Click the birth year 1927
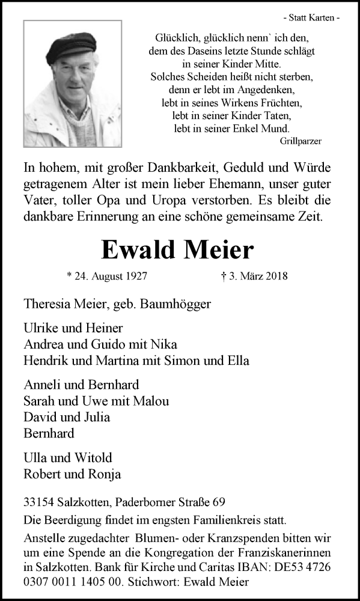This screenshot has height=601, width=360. pyautogui.click(x=135, y=276)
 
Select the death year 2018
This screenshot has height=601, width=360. pyautogui.click(x=276, y=276)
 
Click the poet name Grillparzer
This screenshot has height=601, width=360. pyautogui.click(x=301, y=141)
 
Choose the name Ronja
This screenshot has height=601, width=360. pyautogui.click(x=106, y=474)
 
